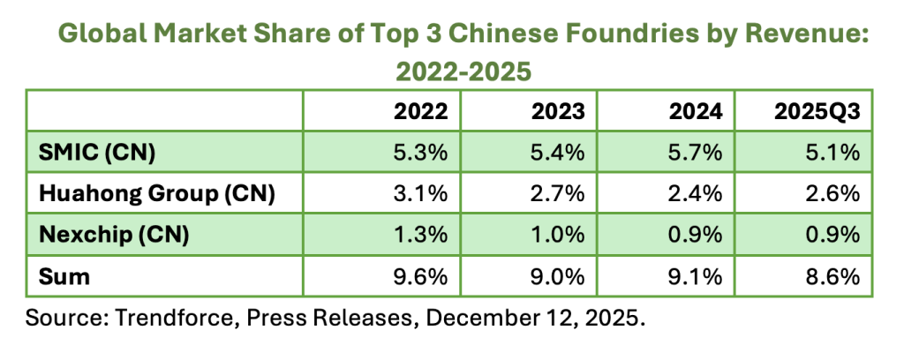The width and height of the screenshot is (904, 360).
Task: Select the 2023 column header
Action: tap(558, 111)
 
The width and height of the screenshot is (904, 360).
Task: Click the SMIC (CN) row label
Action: tap(98, 153)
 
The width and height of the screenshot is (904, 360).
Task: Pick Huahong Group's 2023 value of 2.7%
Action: tap(558, 194)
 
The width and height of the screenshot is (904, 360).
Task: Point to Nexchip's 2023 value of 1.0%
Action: tap(558, 236)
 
